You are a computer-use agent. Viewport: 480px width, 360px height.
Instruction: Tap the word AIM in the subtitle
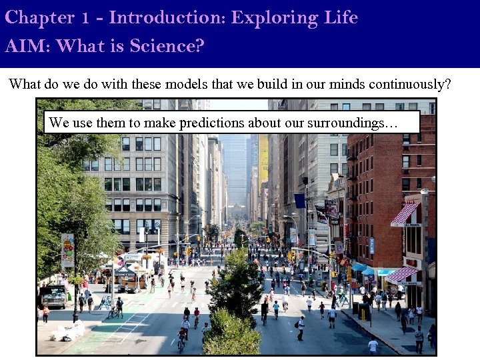(x=27, y=47)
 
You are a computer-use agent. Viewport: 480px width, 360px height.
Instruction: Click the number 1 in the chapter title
(x=85, y=18)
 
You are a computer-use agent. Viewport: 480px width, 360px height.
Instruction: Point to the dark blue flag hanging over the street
(x=299, y=201)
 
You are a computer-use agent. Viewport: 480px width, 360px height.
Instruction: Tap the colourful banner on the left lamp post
(x=67, y=251)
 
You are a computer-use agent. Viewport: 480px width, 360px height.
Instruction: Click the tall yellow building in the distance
(x=263, y=160)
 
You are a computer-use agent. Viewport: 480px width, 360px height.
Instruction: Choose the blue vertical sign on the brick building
(x=371, y=245)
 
